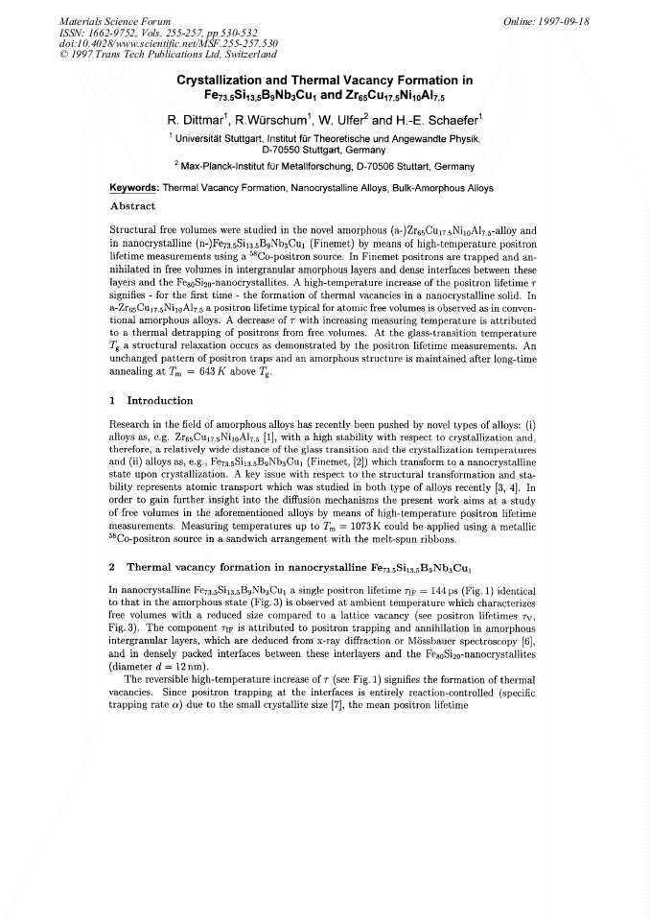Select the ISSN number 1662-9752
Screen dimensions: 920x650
pos(118,32)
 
